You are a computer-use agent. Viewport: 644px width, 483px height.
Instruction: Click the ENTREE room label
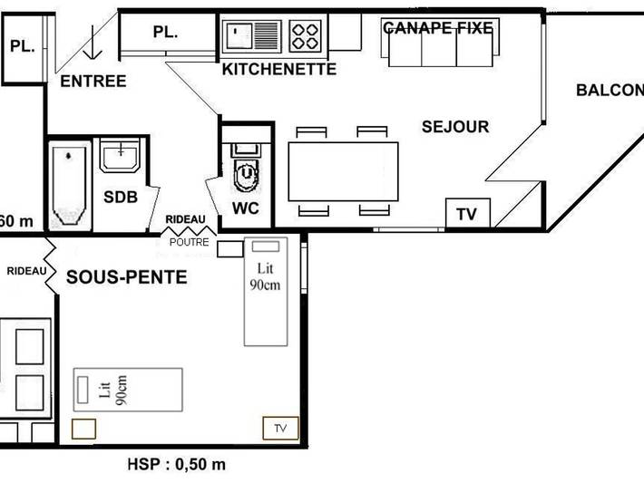[93, 82]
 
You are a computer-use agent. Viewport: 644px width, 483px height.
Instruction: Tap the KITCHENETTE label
[279, 69]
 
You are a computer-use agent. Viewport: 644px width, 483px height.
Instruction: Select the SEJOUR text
[455, 127]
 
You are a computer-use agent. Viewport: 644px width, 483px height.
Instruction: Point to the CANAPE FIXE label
[439, 28]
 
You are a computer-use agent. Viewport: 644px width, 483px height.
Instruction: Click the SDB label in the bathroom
[120, 197]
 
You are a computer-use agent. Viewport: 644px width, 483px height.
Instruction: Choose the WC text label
[246, 208]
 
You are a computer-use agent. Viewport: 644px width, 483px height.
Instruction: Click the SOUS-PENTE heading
[126, 277]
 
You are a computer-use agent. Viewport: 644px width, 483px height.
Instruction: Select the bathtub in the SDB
[69, 185]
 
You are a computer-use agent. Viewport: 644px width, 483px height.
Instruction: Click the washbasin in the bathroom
[119, 156]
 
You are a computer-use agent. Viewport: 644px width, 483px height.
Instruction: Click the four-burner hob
[306, 36]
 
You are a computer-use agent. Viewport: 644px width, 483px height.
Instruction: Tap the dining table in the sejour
[343, 171]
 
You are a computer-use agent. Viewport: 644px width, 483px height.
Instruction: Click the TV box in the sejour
[467, 213]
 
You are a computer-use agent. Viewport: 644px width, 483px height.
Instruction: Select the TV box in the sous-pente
[280, 428]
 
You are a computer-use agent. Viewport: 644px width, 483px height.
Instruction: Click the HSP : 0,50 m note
[176, 465]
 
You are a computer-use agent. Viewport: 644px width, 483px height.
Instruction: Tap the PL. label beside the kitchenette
[165, 32]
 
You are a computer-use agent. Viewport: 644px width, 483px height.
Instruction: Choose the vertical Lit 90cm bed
[266, 291]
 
